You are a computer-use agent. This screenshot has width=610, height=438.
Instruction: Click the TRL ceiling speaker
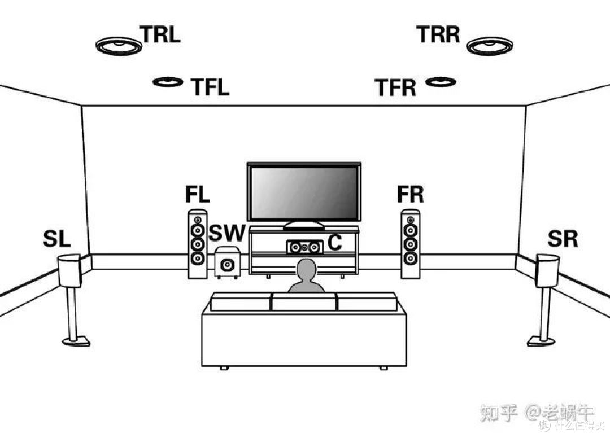click(118, 46)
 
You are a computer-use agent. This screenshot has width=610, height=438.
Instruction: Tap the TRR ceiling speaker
click(489, 46)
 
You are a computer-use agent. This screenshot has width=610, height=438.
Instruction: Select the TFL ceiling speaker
click(168, 82)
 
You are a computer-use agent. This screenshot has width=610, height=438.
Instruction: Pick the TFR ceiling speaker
click(441, 82)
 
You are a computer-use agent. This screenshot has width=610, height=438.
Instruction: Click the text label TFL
click(210, 87)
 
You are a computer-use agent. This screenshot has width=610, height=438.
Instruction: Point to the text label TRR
click(439, 34)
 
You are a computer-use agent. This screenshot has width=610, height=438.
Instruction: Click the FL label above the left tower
click(197, 195)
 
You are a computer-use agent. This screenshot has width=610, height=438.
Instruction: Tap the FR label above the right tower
click(410, 195)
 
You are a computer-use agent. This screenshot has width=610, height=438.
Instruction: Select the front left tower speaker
click(197, 244)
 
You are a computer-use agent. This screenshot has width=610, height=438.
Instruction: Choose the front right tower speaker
click(411, 244)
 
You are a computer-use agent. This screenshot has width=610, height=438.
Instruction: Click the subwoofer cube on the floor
click(227, 263)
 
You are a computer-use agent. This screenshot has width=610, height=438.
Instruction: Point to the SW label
click(228, 233)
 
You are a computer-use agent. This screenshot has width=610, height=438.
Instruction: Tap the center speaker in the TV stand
click(304, 247)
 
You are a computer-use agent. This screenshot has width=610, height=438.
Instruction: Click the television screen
click(304, 192)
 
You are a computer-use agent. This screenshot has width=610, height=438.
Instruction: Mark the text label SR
click(562, 239)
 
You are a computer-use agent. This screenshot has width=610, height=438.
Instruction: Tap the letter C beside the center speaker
click(335, 243)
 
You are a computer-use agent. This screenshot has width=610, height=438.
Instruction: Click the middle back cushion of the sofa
click(304, 301)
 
